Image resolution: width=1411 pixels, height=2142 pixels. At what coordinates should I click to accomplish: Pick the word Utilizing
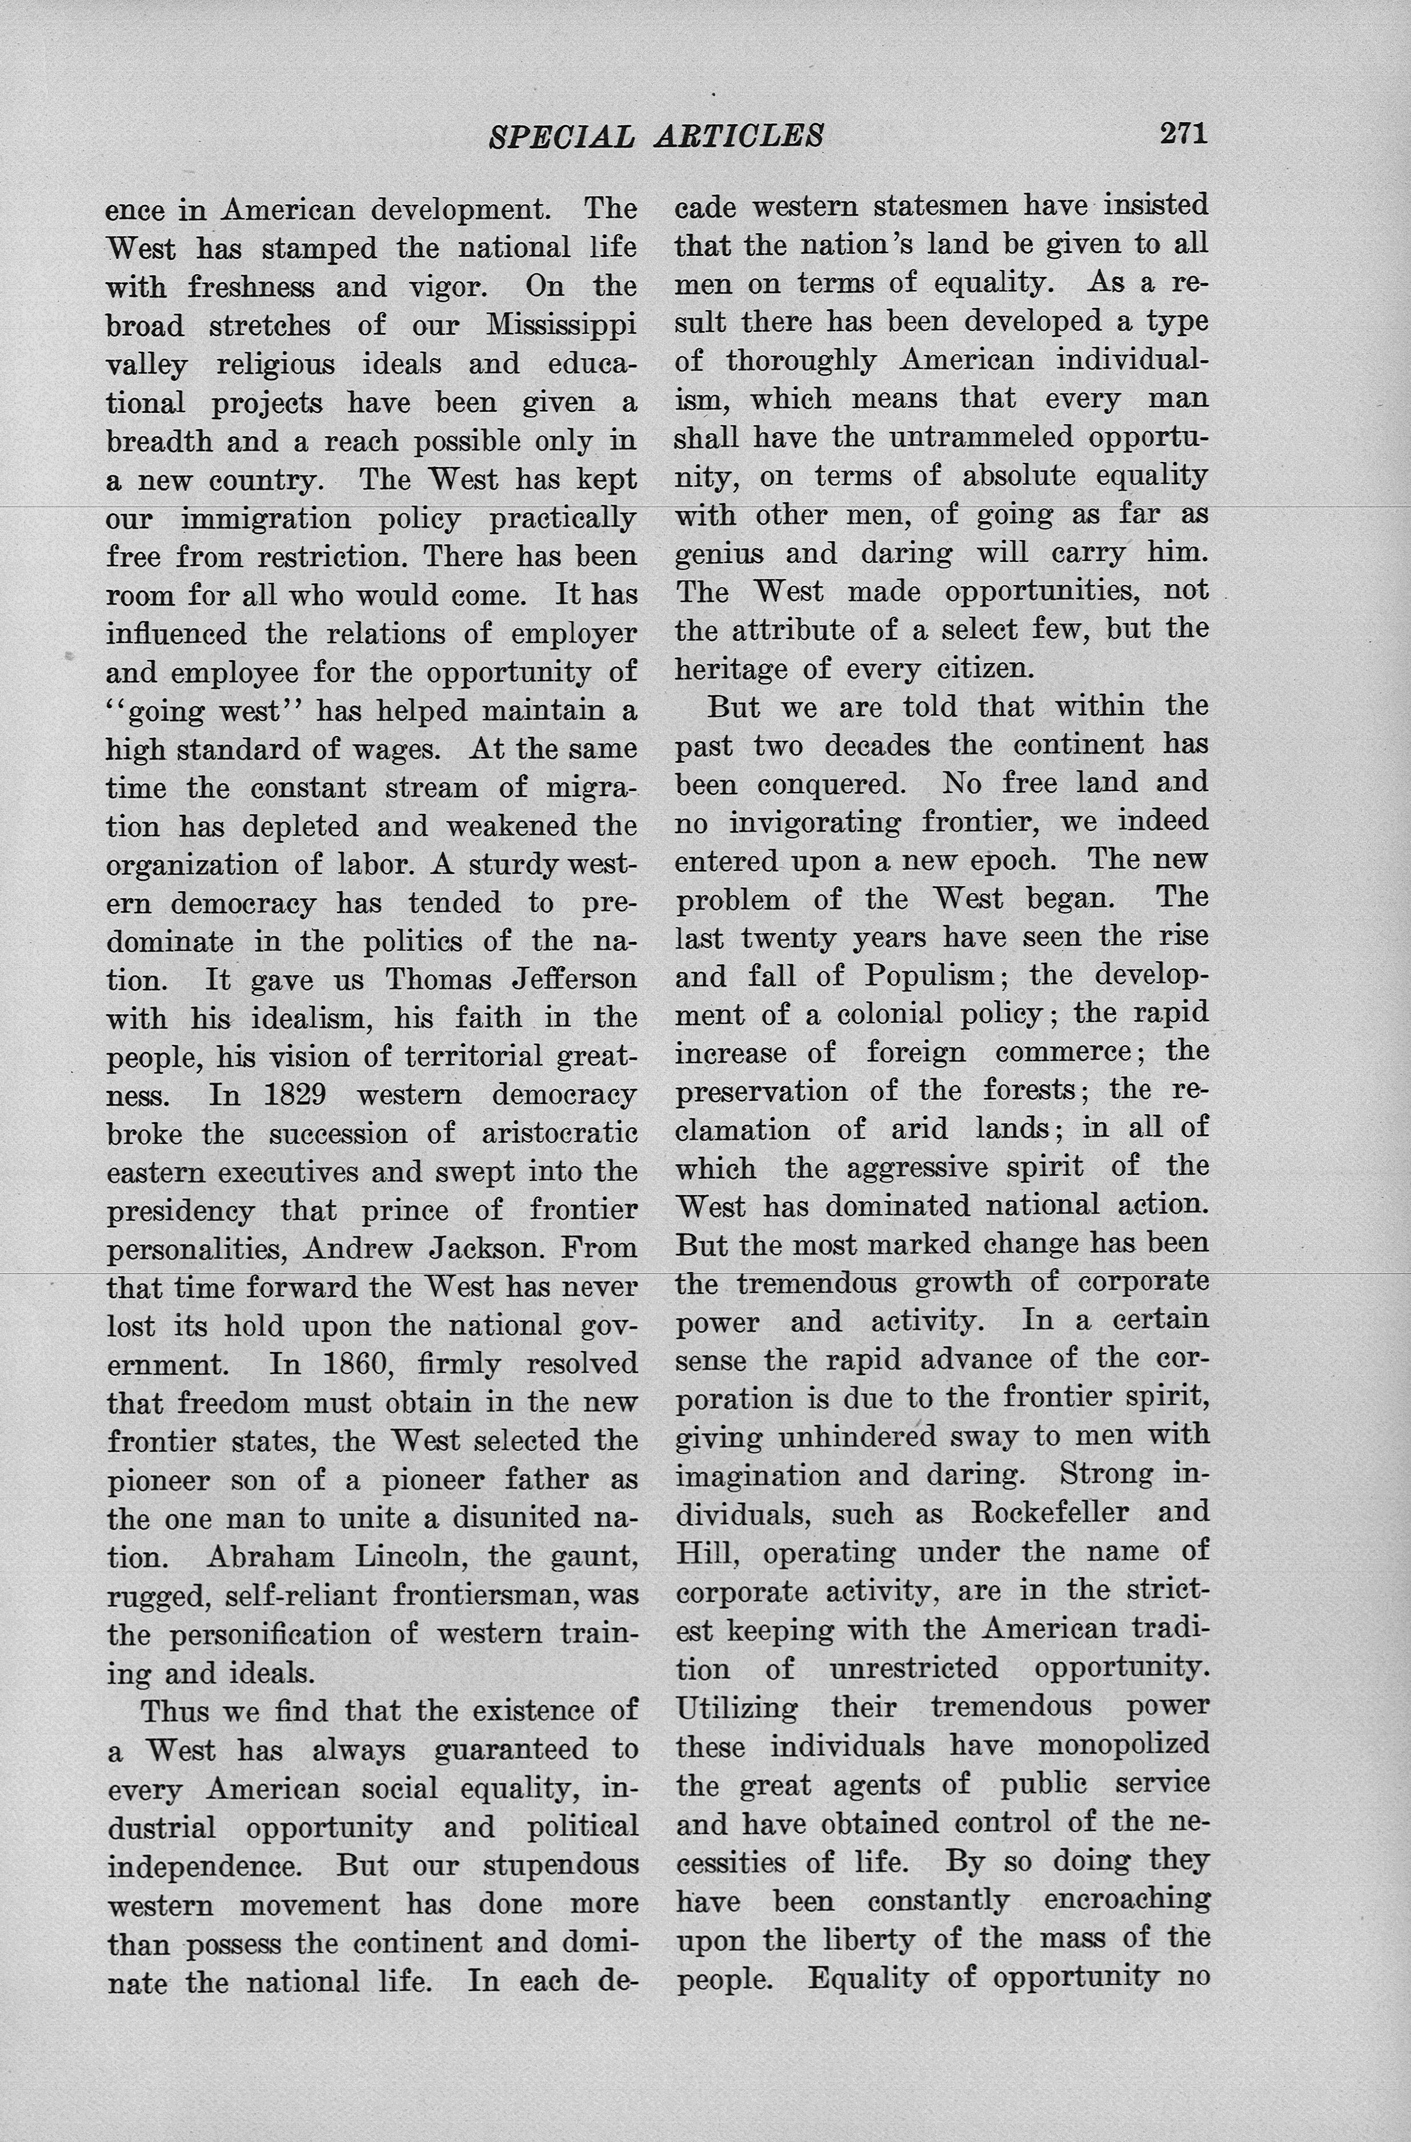tap(736, 1707)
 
